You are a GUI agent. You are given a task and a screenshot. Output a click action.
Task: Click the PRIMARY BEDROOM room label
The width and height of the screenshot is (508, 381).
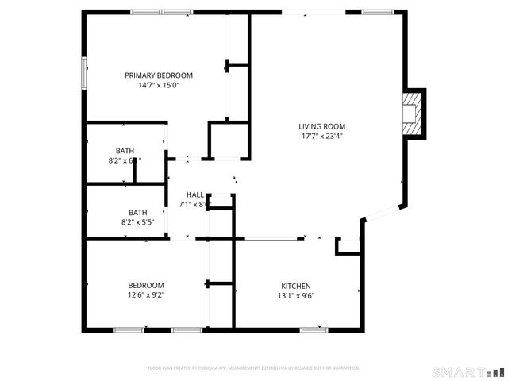[159, 75]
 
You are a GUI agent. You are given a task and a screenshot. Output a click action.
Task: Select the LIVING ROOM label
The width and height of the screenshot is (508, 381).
[321, 126]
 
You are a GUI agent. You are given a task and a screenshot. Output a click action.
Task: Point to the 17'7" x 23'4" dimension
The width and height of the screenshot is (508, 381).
[321, 136]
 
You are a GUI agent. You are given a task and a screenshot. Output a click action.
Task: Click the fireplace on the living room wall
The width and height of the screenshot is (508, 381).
[412, 114]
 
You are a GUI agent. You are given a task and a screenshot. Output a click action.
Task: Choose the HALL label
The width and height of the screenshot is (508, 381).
[194, 194]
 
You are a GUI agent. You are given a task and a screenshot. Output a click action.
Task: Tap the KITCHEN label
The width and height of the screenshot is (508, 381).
[296, 287]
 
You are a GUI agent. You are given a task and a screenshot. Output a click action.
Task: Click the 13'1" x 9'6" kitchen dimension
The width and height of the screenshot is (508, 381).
[296, 296]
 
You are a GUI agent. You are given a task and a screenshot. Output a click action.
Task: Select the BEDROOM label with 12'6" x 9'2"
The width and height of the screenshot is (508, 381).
[146, 286]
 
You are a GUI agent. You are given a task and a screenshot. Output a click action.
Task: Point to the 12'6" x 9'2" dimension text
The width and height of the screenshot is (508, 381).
[146, 295]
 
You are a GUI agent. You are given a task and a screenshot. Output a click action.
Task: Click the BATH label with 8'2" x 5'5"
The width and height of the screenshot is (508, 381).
[138, 212]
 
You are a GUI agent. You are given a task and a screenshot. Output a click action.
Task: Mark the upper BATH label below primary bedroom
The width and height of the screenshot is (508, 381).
[125, 150]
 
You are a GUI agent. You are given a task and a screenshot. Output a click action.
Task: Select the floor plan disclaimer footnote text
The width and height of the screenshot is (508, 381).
[254, 368]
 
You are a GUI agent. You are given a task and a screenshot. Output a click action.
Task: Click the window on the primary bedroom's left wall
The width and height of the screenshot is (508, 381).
[83, 73]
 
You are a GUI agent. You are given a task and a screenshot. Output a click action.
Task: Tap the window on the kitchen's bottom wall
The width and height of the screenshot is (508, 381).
[314, 329]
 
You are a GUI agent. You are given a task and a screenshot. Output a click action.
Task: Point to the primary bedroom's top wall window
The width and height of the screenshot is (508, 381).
[161, 12]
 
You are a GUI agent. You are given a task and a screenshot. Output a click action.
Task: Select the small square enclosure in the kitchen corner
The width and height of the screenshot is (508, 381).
[348, 246]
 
